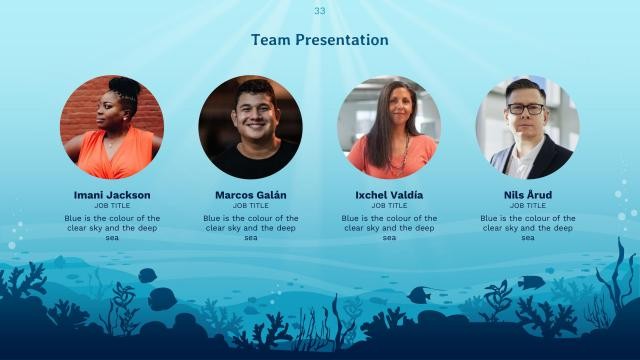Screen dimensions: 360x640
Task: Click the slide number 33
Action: tap(320, 11)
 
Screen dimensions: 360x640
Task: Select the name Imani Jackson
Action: tap(112, 194)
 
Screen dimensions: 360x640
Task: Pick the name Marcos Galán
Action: tap(251, 194)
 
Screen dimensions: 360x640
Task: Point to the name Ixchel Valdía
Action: tap(389, 194)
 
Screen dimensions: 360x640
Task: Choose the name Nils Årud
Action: tap(527, 194)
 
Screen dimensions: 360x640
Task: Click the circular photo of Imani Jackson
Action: tap(112, 127)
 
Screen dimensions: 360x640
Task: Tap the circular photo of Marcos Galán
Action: tap(251, 127)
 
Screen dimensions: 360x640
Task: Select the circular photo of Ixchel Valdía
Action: tap(389, 127)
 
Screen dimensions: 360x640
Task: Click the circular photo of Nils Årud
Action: tap(527, 127)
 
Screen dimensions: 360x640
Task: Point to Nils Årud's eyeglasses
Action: tap(526, 108)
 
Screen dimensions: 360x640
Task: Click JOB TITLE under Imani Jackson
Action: tap(112, 206)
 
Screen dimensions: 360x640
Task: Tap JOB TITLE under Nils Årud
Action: tap(527, 206)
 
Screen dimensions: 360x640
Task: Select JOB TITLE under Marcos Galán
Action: tap(251, 206)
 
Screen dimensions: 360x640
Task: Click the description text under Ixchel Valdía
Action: tap(389, 227)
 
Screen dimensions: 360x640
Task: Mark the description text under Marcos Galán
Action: tap(251, 227)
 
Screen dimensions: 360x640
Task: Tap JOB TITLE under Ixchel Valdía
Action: tap(389, 206)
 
